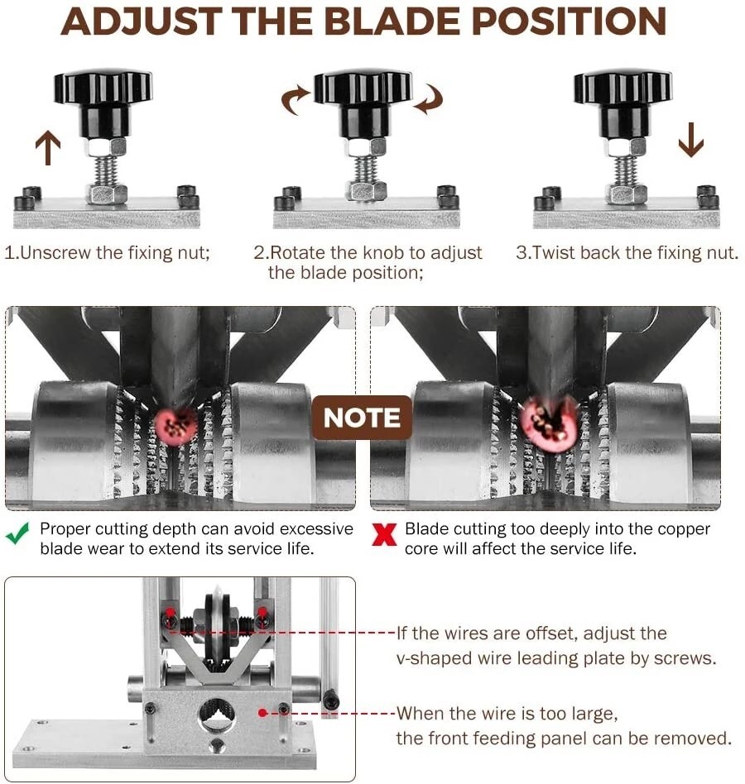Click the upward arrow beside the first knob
(x=48, y=147)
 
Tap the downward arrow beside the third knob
(x=691, y=140)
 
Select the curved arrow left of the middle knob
(x=296, y=99)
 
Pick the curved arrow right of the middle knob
(x=428, y=99)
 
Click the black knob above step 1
(x=103, y=103)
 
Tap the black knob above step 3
(x=623, y=103)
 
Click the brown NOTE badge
(x=362, y=418)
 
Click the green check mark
(x=17, y=533)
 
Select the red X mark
(x=384, y=534)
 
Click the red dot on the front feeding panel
(x=262, y=713)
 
